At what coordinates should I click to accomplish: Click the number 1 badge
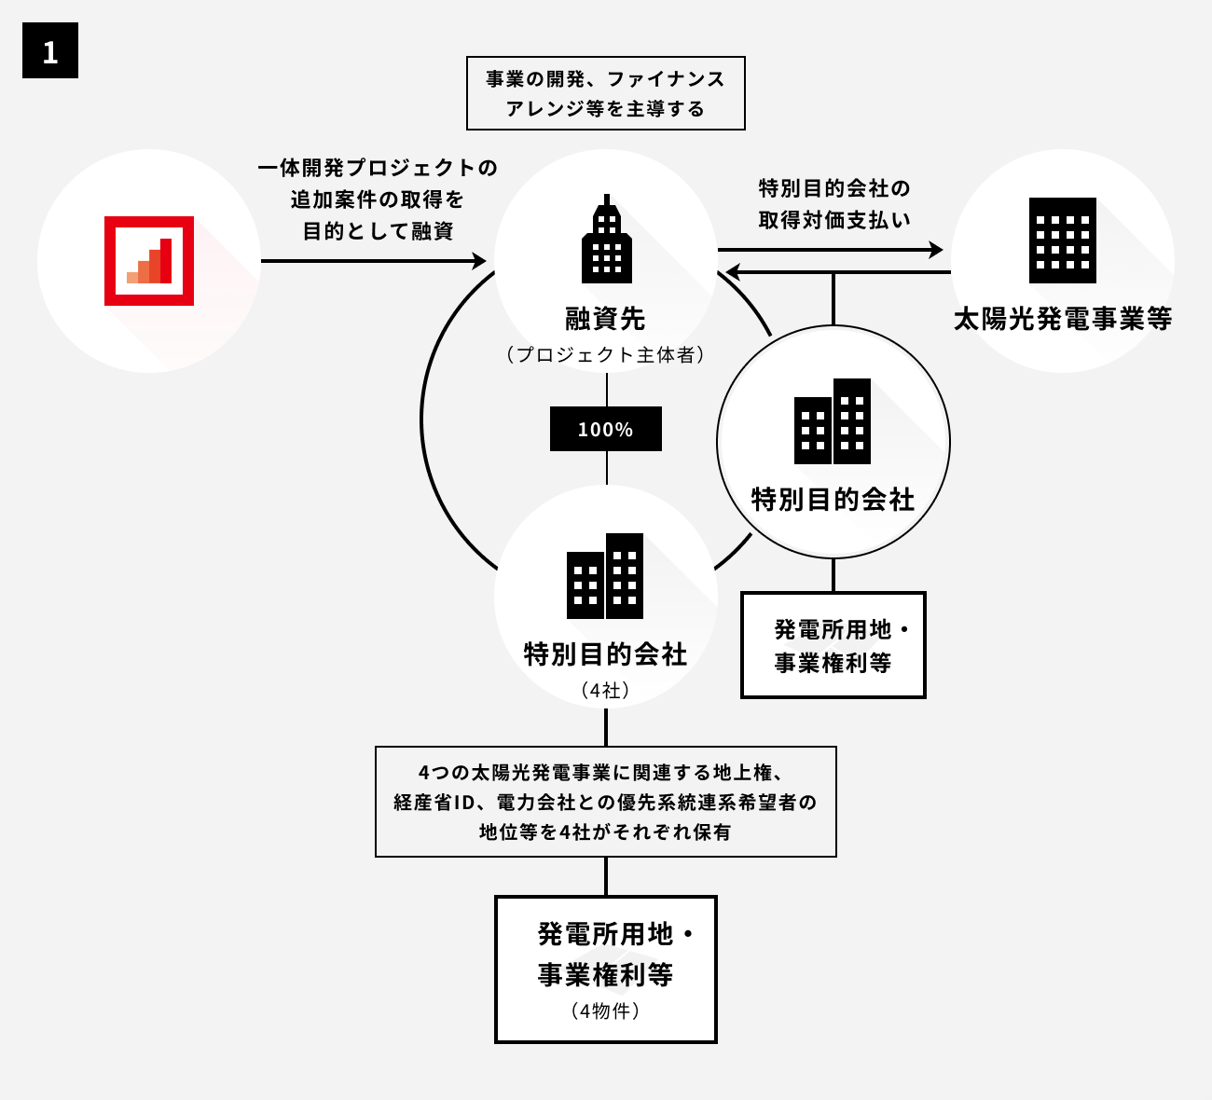(x=50, y=51)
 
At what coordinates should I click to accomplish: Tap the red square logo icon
(x=149, y=261)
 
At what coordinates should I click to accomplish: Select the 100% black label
(x=606, y=429)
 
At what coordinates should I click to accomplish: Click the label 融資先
(x=606, y=319)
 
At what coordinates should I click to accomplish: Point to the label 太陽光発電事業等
(x=1063, y=319)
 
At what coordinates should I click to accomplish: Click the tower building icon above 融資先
(x=606, y=240)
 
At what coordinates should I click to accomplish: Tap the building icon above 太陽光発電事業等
(x=1063, y=240)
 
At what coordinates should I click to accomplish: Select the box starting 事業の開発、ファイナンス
(x=606, y=93)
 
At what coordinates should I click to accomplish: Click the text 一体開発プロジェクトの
(x=378, y=168)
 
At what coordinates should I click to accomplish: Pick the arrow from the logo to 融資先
(x=373, y=261)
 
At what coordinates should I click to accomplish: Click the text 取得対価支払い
(x=834, y=221)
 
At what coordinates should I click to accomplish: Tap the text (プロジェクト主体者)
(x=606, y=355)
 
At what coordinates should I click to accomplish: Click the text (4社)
(x=606, y=691)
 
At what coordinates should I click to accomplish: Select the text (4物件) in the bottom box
(x=606, y=1011)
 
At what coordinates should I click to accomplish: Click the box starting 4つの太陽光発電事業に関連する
(x=606, y=802)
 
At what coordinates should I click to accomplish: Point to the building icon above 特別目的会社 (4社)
(x=606, y=576)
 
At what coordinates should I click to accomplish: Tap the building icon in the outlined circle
(x=833, y=421)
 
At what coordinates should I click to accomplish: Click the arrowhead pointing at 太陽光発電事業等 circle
(x=935, y=250)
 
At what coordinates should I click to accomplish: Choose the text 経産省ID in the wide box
(x=434, y=803)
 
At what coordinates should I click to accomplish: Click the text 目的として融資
(x=378, y=231)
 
